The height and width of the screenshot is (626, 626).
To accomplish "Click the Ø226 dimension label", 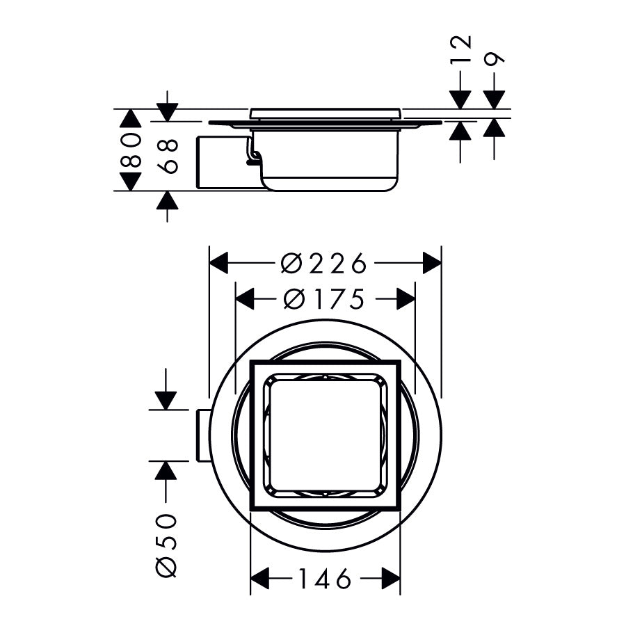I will (323, 264).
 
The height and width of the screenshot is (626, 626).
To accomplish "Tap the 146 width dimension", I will (325, 578).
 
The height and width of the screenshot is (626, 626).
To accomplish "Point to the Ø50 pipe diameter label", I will (167, 545).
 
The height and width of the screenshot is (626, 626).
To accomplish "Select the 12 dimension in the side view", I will (460, 51).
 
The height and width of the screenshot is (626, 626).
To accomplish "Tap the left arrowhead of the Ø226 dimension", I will (219, 264).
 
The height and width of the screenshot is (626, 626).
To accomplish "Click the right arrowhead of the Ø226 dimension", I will (433, 264).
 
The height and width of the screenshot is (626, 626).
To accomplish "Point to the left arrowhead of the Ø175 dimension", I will (245, 300).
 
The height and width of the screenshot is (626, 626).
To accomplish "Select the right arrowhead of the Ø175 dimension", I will (406, 300).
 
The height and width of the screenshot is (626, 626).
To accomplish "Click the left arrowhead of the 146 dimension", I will (259, 578).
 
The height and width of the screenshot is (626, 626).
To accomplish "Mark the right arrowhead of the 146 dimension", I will (391, 578).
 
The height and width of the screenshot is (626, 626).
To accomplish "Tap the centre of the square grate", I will (326, 437).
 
